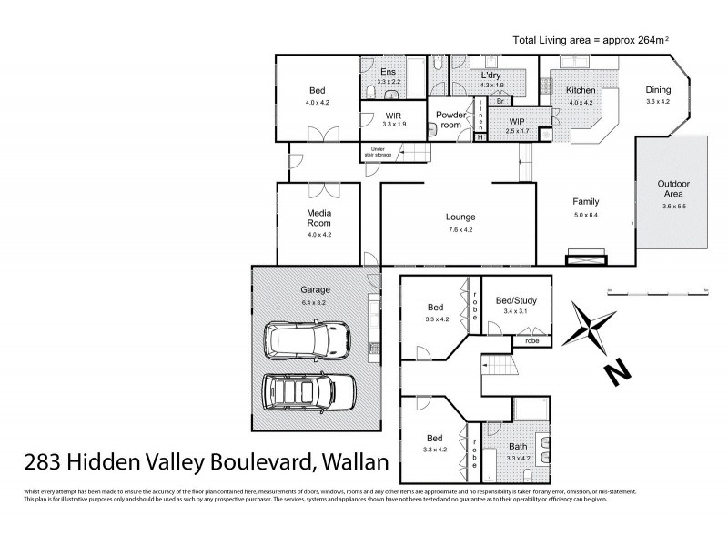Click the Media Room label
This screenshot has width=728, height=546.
coord(318,217)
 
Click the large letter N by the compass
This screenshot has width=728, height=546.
coord(616,371)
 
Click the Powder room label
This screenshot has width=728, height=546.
coord(450,120)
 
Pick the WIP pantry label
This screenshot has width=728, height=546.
coord(517,121)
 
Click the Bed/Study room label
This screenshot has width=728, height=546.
coord(515,300)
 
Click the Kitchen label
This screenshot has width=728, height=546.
coord(581,91)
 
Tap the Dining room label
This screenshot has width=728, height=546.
coord(658,90)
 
